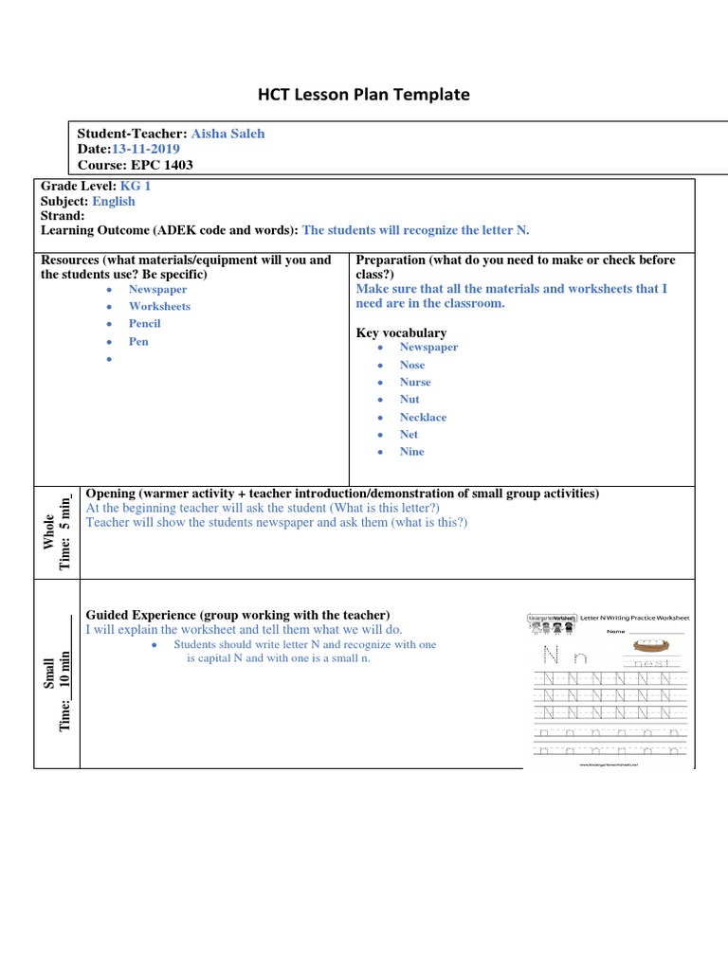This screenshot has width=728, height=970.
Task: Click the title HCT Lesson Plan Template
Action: pos(364,94)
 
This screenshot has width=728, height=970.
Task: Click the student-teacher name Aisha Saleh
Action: pos(228,134)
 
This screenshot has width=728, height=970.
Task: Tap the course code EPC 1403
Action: pos(160,165)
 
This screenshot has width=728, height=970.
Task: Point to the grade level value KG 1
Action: pos(136,186)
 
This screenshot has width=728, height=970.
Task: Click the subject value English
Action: pos(114,201)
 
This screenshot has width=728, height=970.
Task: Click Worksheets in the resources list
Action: pos(159,306)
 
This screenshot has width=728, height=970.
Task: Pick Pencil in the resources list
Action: pos(145,324)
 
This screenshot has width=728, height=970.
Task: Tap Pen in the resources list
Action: pos(138,341)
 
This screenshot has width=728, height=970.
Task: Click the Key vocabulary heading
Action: pos(401,332)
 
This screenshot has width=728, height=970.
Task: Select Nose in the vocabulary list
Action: pos(412,365)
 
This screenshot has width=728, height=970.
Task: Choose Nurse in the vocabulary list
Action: pos(415,382)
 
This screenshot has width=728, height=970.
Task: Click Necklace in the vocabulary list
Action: pos(423,417)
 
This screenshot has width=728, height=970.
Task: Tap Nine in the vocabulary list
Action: pos(412,452)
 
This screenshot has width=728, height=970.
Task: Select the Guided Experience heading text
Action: pos(238,615)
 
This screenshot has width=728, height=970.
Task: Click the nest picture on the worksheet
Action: pos(649,647)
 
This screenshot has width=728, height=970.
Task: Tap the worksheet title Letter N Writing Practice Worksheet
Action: pos(634,618)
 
